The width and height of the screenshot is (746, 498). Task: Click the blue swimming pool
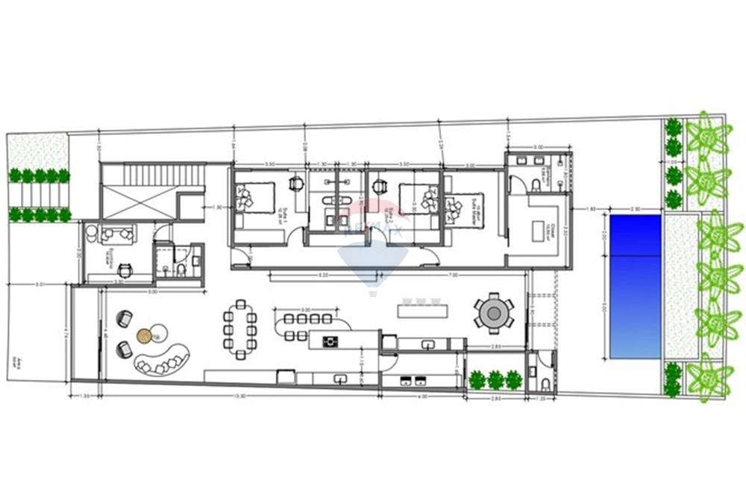636,286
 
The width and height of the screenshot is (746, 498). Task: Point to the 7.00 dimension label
474,276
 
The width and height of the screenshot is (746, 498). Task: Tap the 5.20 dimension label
322,276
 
